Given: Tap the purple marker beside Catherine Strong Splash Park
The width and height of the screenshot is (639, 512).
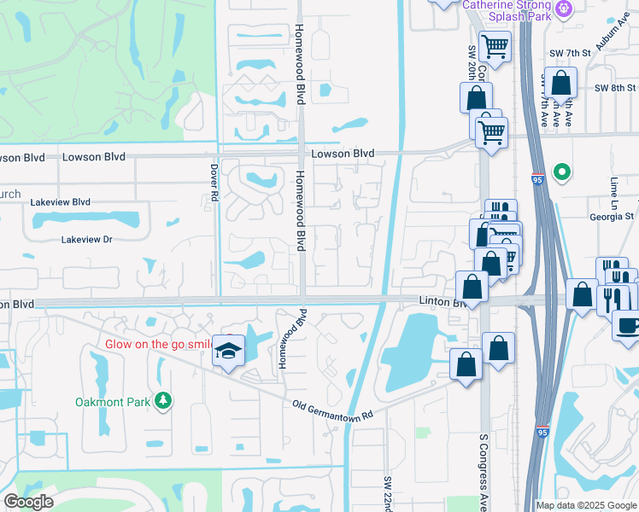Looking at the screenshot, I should point(564,9).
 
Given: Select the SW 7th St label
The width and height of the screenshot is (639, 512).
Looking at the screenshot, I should point(572,53).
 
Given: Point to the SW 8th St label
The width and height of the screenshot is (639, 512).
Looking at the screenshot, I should point(615,87).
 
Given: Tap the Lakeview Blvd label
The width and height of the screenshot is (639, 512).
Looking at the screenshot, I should point(60,202).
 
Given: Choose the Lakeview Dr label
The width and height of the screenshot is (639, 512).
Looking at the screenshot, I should point(86,240).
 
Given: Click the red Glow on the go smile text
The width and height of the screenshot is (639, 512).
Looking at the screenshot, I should point(158,344).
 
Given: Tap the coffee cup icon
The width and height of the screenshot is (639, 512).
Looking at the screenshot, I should point(626,325).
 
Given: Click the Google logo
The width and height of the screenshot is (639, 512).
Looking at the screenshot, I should point(28,502).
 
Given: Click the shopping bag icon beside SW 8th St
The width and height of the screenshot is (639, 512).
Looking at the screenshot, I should point(561,84).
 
